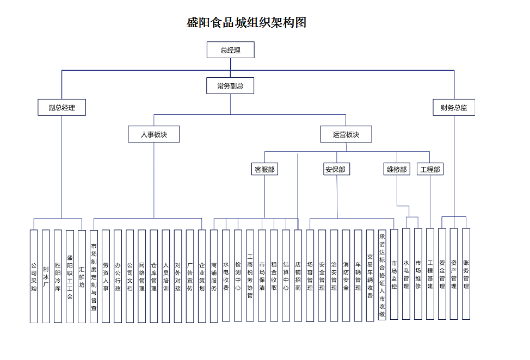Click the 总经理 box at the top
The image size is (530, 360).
(230, 50)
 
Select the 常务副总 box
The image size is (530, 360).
(230, 86)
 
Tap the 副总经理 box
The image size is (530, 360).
(61, 107)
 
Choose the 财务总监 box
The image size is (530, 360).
(454, 107)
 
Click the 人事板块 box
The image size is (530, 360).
(153, 134)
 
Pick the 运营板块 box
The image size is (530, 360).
(346, 134)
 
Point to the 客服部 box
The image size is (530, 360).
(265, 169)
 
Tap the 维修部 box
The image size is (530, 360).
(397, 169)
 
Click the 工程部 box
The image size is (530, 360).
(430, 169)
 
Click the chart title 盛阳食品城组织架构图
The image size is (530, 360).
(246, 22)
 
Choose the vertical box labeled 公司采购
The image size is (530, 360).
(34, 276)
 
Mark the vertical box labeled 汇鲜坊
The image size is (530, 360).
(82, 276)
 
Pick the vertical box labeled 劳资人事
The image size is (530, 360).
(106, 276)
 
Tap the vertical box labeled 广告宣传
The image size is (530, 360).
(189, 276)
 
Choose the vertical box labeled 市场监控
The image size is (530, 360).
(394, 274)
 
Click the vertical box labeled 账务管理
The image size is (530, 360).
(466, 274)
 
